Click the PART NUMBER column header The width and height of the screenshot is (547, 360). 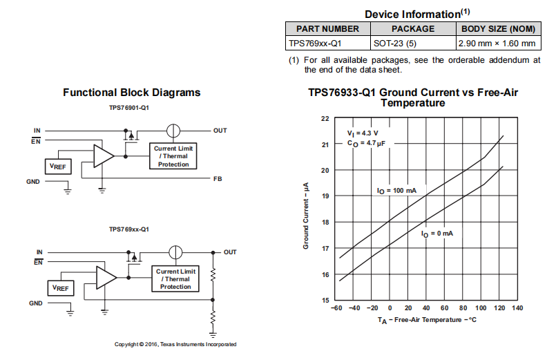click(328, 29)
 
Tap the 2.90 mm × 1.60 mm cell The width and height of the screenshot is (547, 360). click(497, 44)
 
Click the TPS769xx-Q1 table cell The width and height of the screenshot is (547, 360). click(328, 44)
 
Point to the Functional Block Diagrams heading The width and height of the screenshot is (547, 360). click(132, 93)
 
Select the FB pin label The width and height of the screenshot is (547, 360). click(218, 178)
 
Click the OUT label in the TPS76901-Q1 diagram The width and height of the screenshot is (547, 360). click(220, 130)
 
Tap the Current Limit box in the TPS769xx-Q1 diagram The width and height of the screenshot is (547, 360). click(175, 278)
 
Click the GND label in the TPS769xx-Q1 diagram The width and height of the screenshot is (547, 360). click(36, 303)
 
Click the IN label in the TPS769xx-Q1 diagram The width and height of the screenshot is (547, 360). click(39, 252)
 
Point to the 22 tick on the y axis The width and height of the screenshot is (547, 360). click(325, 118)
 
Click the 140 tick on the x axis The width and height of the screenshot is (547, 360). click(517, 308)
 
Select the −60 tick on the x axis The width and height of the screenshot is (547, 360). click(338, 308)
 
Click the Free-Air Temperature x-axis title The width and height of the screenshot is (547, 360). click(427, 321)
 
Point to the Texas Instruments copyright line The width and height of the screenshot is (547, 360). click(175, 344)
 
